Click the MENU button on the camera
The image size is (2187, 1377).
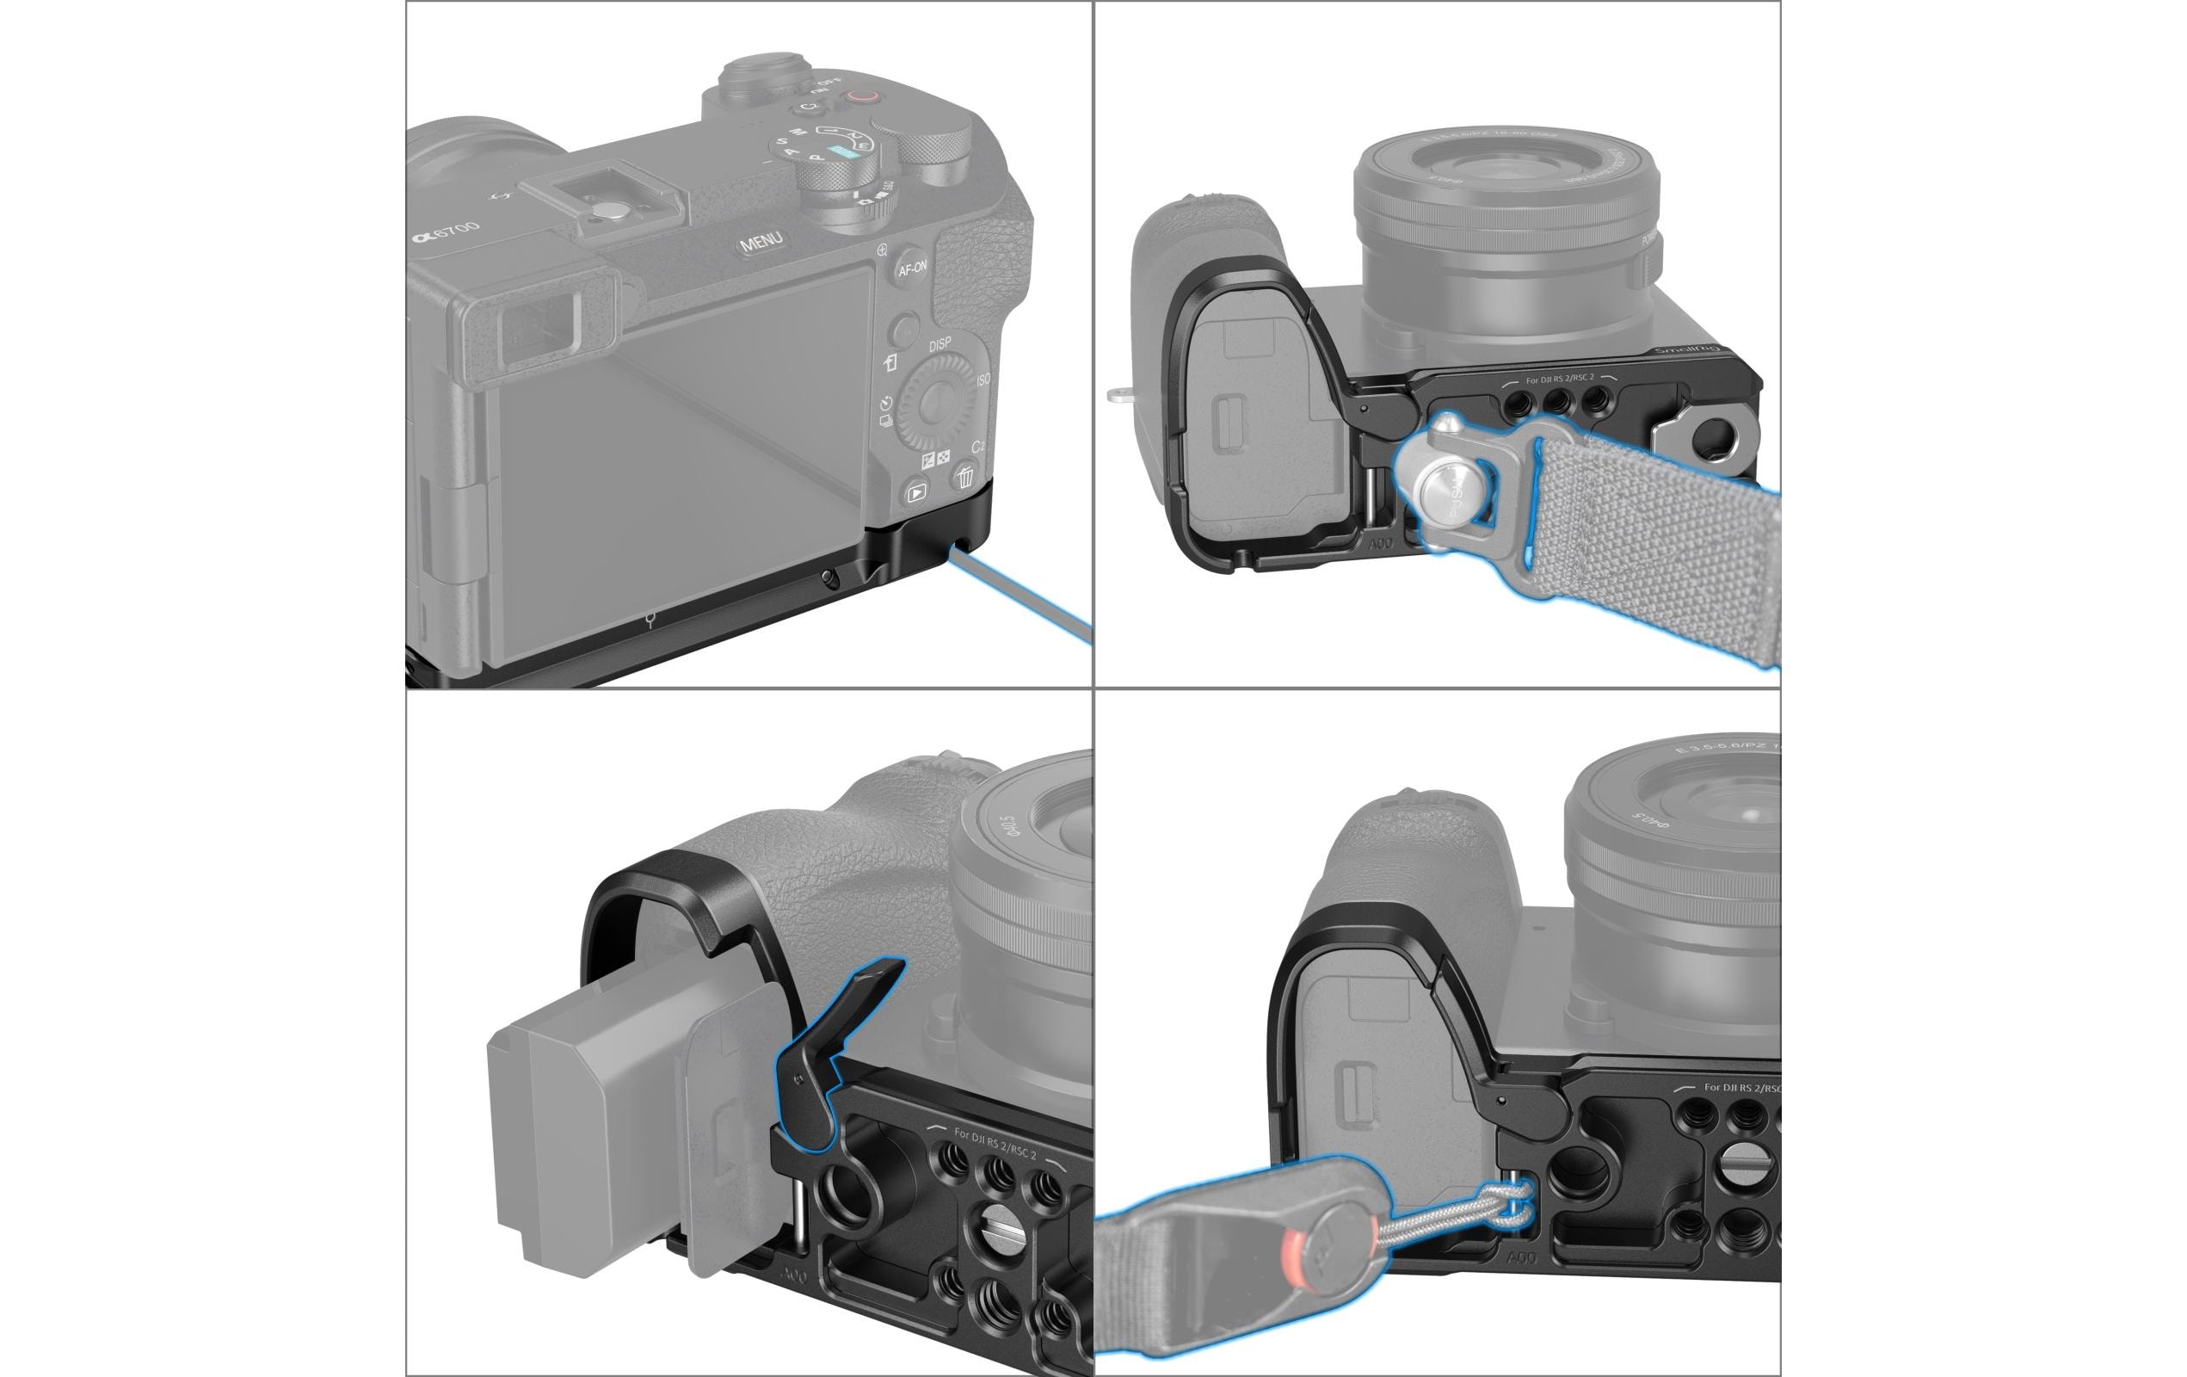click(x=761, y=243)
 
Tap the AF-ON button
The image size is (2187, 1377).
click(x=912, y=268)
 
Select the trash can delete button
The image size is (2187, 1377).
click(x=964, y=475)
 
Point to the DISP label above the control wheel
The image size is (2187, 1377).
click(x=940, y=344)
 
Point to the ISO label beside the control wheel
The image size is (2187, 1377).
click(x=983, y=380)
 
